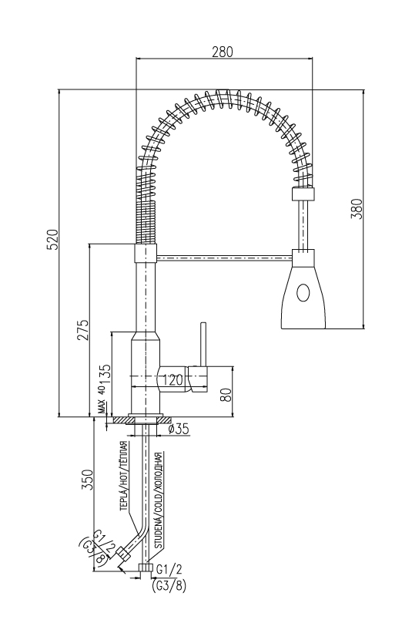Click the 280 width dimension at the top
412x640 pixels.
(x=223, y=52)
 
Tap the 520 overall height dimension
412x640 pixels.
(x=53, y=240)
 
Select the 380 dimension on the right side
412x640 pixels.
(x=357, y=208)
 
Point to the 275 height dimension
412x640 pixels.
(x=83, y=330)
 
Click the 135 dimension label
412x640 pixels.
(x=105, y=372)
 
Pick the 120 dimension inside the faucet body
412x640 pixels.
(x=172, y=380)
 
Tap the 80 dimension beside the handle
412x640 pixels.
(x=226, y=394)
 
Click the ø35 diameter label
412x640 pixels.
(x=178, y=429)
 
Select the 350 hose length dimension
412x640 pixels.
(x=88, y=480)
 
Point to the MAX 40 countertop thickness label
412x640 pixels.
(x=101, y=401)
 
